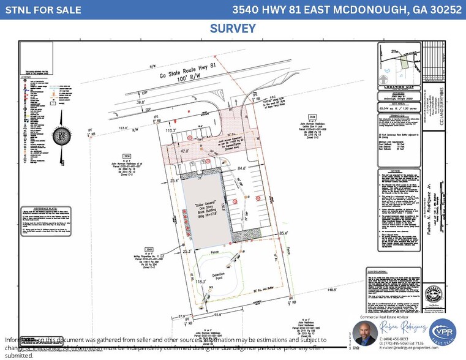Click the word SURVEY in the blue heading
tap(233, 28)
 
